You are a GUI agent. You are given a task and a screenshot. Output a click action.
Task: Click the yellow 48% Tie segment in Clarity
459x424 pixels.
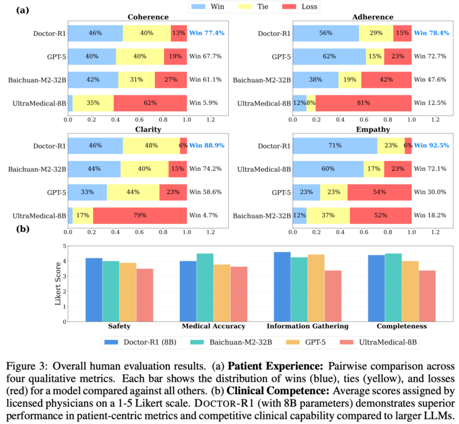151,145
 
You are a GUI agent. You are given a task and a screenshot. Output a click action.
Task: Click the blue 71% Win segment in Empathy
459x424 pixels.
335,145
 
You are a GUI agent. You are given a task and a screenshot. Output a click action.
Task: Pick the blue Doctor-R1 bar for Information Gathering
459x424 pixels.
282,287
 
